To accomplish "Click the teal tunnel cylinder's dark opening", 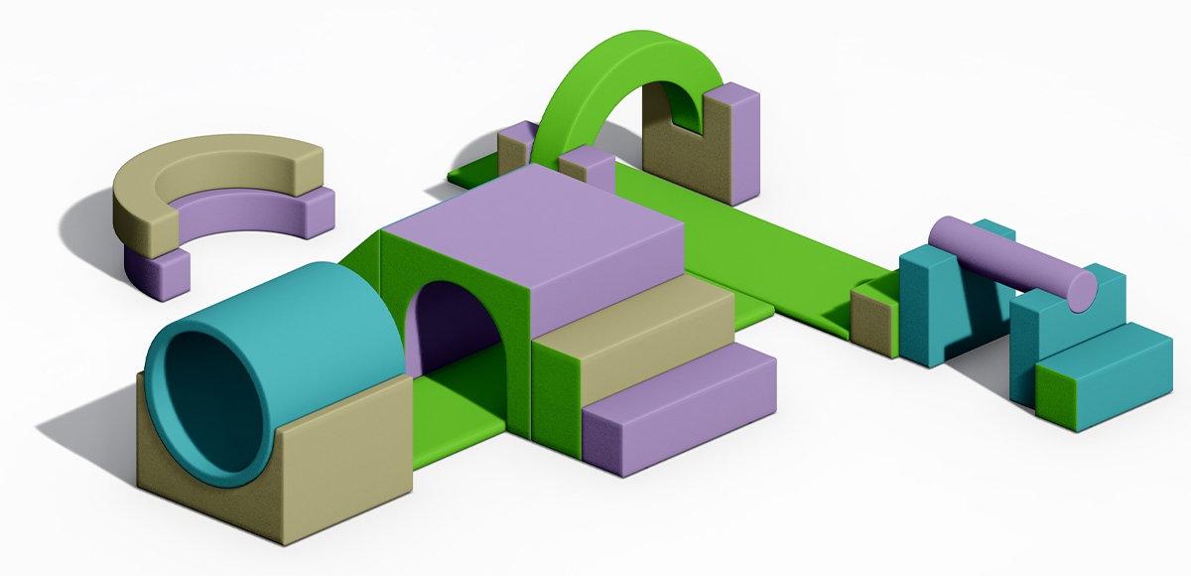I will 213,397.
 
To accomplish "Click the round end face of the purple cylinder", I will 1082,288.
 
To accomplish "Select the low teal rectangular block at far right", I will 1102,377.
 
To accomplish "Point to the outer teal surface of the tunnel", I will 328,308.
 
